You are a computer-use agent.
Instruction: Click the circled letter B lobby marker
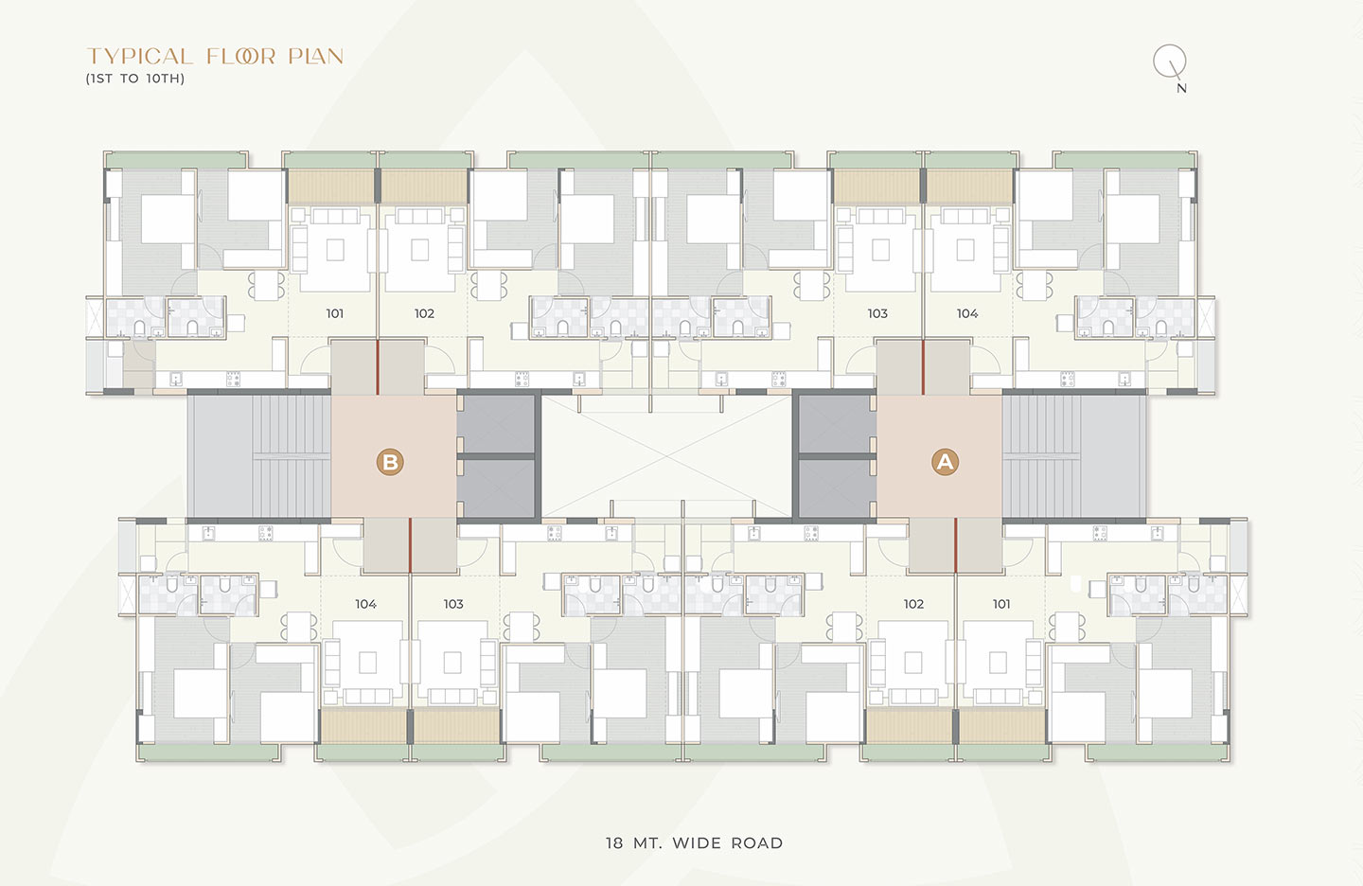390,462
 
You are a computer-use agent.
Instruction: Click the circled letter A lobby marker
945,462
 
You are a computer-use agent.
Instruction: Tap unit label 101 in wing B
335,313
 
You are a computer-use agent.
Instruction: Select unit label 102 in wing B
424,313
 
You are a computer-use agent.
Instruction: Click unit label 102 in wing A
913,604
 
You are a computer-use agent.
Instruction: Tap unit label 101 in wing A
1001,604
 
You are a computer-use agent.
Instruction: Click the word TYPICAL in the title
140,56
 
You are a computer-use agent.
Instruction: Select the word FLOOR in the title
241,56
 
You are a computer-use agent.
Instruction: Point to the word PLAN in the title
316,56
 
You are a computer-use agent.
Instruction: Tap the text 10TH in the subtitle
165,79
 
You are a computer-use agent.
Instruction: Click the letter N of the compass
1181,88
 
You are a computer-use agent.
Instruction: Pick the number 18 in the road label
614,842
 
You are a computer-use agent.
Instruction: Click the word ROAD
757,842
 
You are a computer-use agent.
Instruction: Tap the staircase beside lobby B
259,456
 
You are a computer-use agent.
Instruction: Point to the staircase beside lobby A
1074,456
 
